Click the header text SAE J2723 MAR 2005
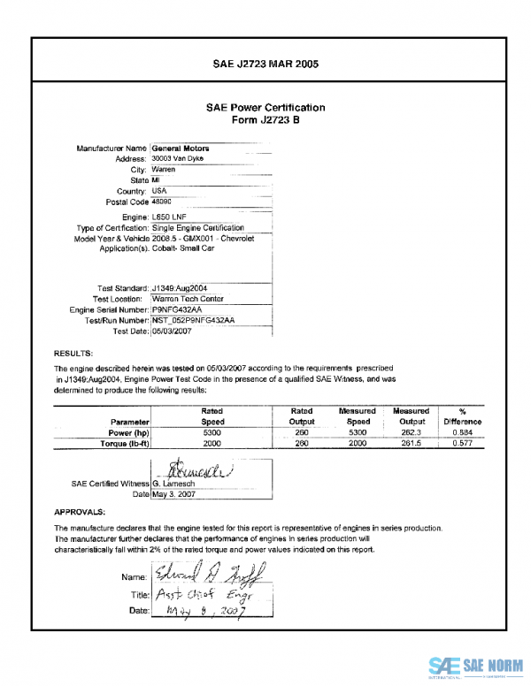[x=265, y=64]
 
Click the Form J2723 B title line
[x=265, y=119]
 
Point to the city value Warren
[x=164, y=169]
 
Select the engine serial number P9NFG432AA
[x=177, y=310]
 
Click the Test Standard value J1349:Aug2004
[x=184, y=288]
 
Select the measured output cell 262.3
[x=411, y=433]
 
